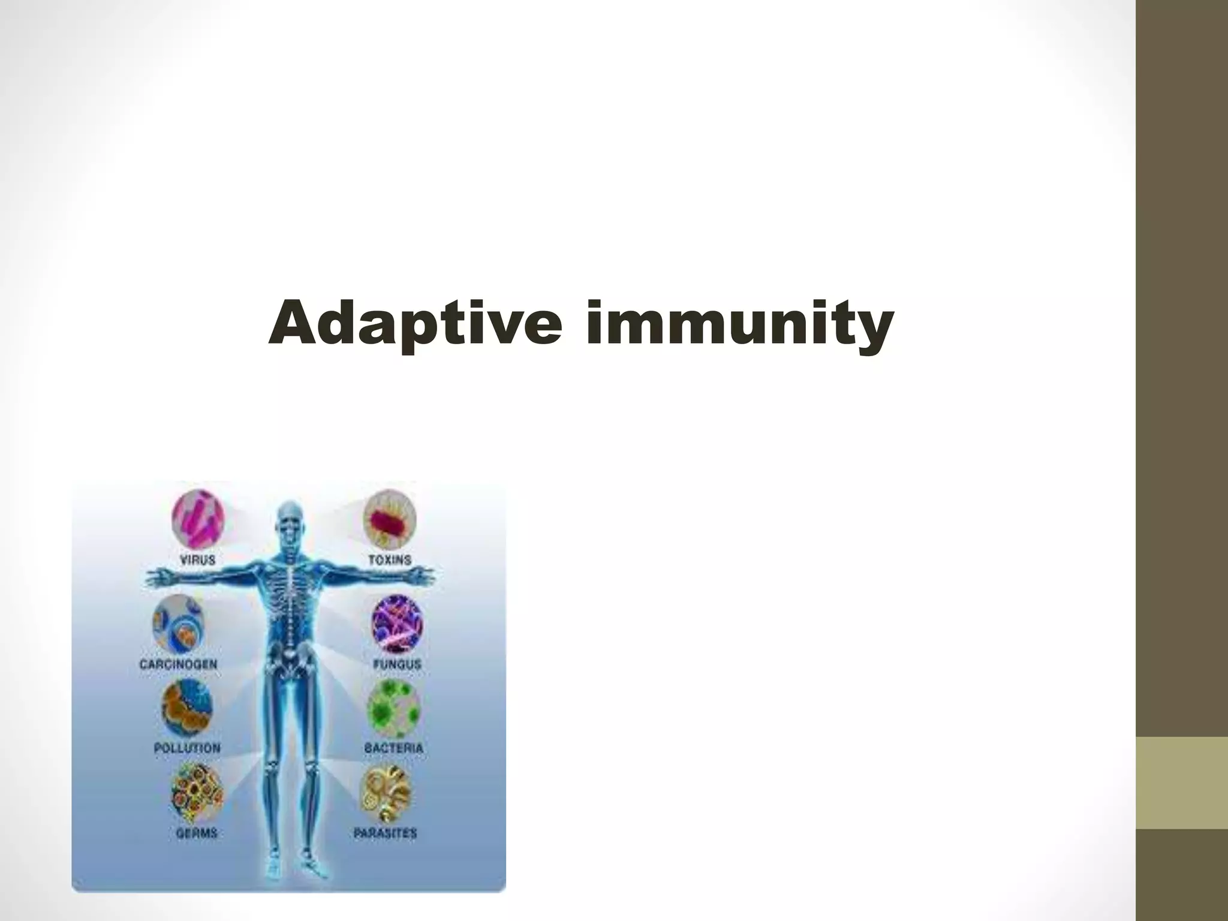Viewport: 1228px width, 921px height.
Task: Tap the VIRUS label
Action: click(x=198, y=560)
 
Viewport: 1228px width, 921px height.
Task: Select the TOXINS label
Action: click(x=390, y=560)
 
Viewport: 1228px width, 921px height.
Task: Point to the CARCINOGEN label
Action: click(x=178, y=664)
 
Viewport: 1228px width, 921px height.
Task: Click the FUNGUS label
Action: click(x=397, y=664)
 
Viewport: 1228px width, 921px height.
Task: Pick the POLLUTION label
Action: click(x=187, y=748)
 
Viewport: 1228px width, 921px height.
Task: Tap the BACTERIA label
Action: click(x=394, y=748)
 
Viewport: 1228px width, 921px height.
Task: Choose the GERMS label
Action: click(x=197, y=833)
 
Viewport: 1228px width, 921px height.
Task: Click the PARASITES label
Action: click(x=385, y=833)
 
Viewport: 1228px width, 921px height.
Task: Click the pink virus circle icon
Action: click(x=198, y=519)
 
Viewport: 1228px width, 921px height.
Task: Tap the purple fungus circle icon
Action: click(x=397, y=624)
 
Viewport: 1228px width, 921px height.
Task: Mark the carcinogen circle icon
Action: click(x=178, y=624)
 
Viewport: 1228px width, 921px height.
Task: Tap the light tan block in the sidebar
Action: click(x=1182, y=782)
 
